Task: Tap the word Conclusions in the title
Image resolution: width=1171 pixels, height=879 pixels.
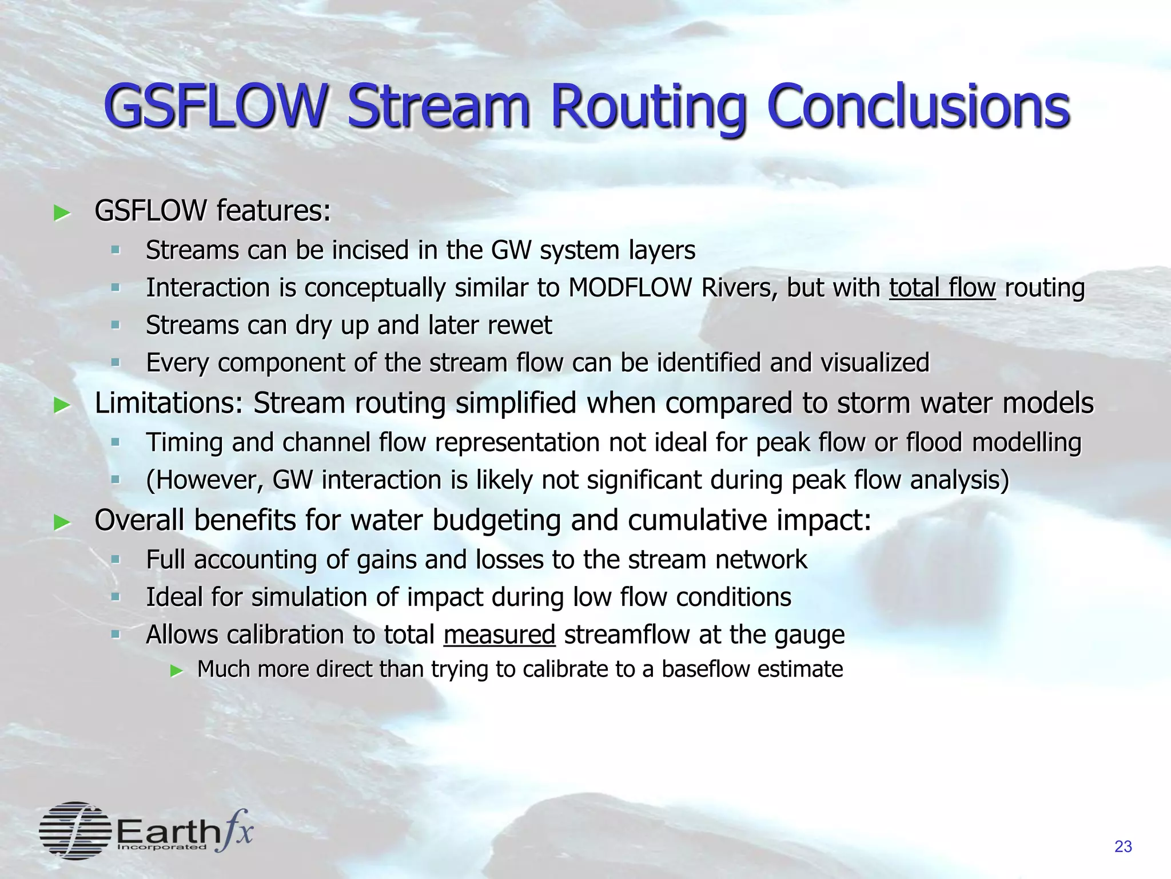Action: (917, 107)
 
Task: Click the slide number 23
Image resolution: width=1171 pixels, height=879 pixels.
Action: (1123, 846)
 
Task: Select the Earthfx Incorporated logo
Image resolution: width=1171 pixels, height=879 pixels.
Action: (146, 830)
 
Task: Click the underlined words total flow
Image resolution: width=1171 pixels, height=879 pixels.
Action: (942, 288)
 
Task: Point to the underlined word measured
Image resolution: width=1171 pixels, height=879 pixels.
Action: (499, 635)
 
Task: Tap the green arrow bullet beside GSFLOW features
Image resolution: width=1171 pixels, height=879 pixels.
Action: (61, 213)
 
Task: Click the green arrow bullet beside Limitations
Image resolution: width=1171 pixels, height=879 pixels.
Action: (61, 406)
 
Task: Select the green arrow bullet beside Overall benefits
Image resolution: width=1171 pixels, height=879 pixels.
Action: (61, 522)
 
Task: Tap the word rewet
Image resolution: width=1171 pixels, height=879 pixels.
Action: (520, 326)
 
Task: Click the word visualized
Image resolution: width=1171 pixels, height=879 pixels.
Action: (875, 363)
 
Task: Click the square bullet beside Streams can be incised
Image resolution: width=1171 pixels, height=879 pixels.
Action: (115, 250)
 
